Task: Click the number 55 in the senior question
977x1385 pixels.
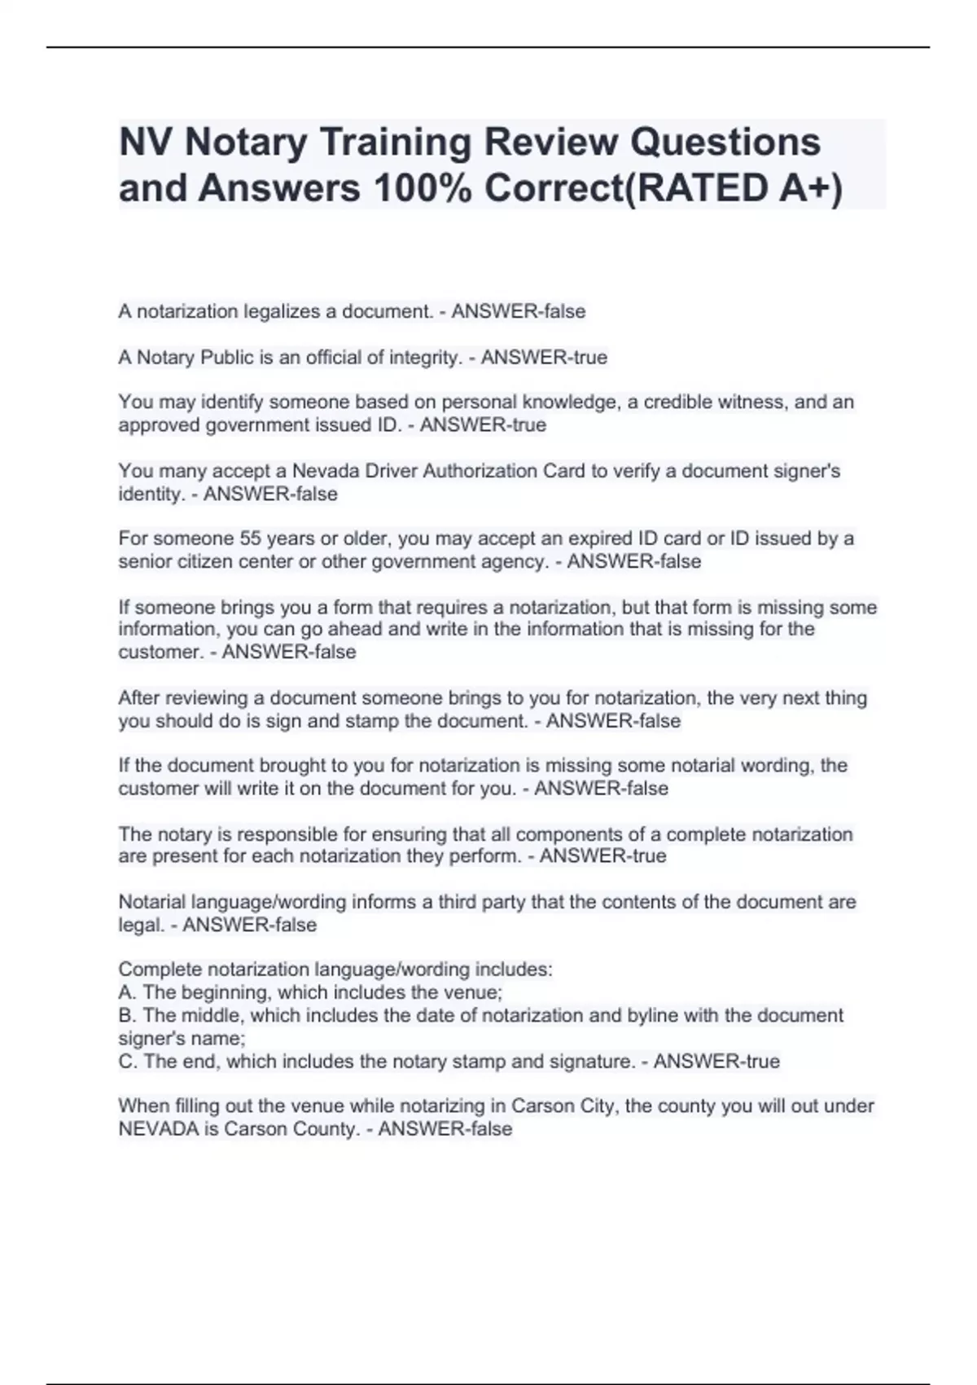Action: [x=249, y=539]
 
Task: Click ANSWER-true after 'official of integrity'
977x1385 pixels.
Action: [x=544, y=358]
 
